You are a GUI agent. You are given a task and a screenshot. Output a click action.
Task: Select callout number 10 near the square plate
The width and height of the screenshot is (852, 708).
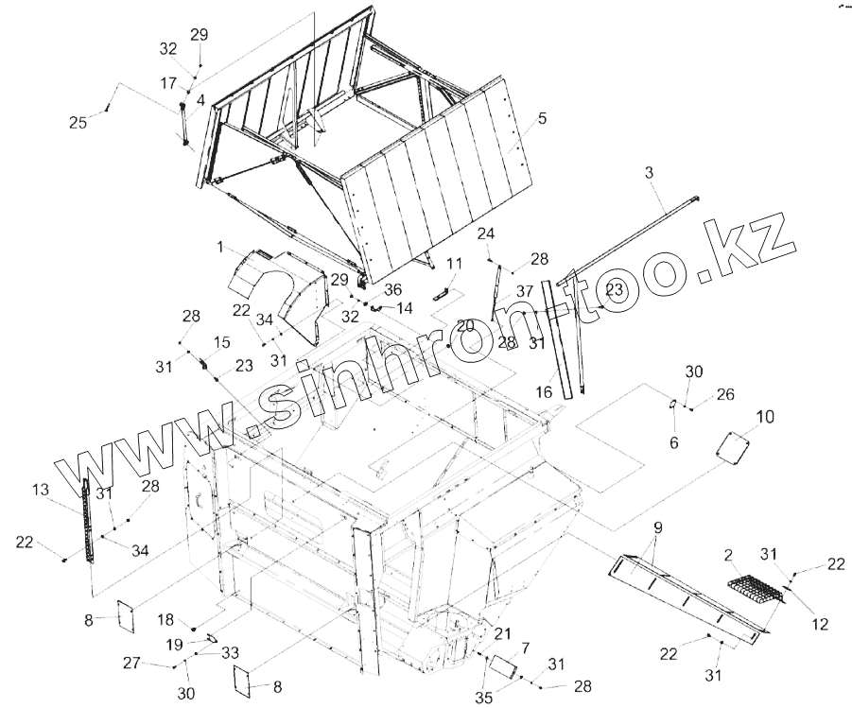(x=765, y=417)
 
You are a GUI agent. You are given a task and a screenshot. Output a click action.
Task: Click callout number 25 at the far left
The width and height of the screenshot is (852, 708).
(x=78, y=122)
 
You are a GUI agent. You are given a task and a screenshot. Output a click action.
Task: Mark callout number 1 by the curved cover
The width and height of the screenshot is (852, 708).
(x=219, y=248)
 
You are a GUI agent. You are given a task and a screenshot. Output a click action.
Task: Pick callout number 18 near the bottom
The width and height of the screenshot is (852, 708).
(x=165, y=620)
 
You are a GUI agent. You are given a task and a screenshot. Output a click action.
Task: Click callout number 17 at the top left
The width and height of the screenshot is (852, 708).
(x=167, y=83)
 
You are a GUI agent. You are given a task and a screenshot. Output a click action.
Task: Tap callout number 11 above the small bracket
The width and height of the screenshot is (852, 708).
(x=453, y=264)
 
